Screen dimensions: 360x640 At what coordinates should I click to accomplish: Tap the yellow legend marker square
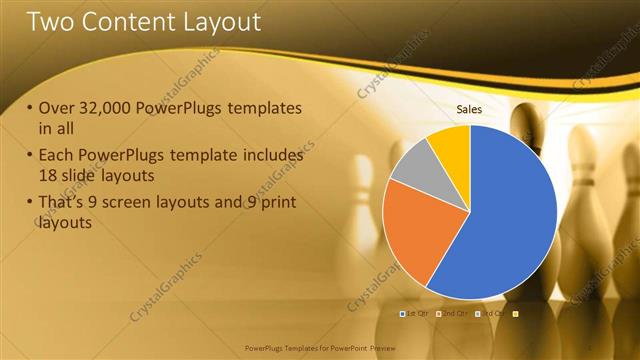click(x=516, y=314)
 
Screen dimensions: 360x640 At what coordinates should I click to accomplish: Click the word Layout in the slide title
click(x=217, y=22)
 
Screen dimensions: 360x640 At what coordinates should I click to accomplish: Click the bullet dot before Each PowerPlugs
click(x=31, y=156)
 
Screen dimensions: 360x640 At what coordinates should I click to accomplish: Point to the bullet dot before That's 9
click(x=31, y=204)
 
